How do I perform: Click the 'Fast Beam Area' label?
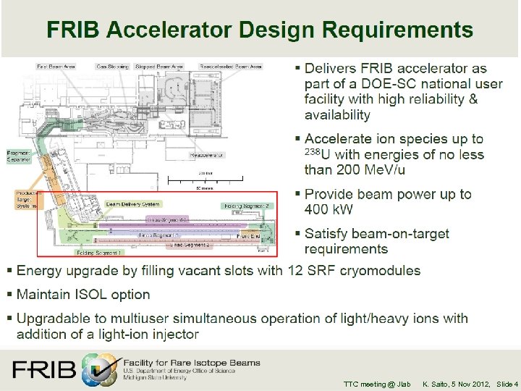(x=56, y=66)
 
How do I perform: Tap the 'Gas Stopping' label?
(x=113, y=66)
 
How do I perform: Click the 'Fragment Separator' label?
(x=19, y=157)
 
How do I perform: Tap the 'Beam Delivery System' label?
(x=133, y=205)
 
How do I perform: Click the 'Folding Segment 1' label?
(x=100, y=252)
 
